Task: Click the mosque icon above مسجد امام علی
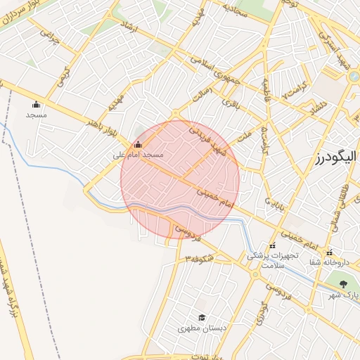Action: click(x=138, y=146)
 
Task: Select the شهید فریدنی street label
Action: click(x=208, y=141)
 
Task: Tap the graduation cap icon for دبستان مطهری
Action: click(x=202, y=318)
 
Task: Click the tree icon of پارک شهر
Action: click(x=343, y=285)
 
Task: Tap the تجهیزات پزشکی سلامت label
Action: click(x=273, y=260)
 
